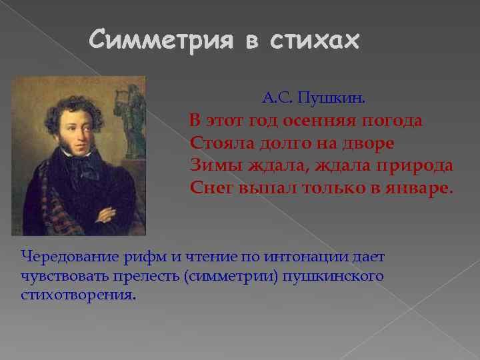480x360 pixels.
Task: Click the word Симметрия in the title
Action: (161, 41)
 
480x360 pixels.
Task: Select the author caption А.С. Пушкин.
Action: (313, 99)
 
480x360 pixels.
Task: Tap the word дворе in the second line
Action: (366, 143)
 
